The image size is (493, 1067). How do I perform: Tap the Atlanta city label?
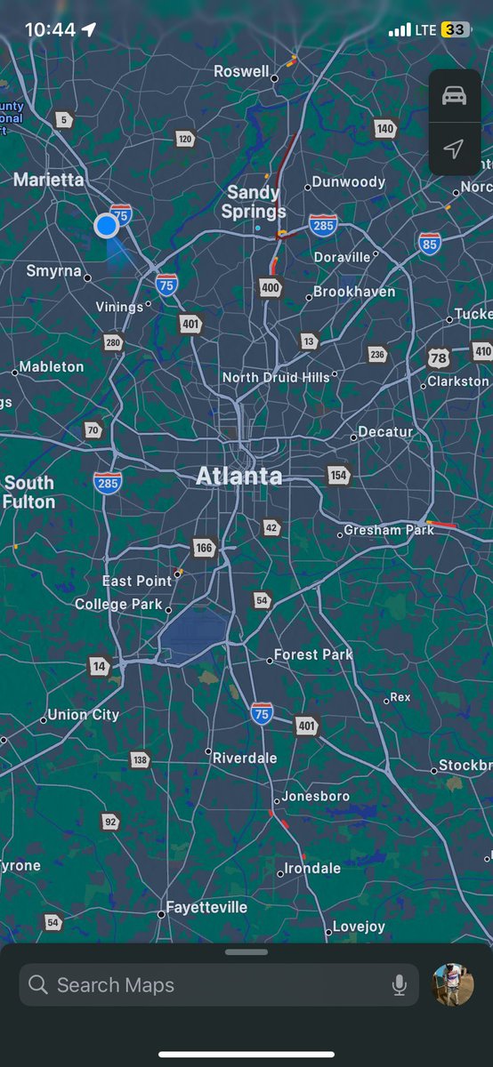(238, 477)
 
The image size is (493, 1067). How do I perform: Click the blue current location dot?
(107, 226)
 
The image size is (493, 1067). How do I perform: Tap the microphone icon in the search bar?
(400, 984)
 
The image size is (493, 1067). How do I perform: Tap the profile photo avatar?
(453, 984)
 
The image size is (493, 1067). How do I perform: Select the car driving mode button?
(454, 97)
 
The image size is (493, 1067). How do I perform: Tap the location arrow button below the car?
(454, 148)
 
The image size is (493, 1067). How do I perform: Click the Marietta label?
(49, 180)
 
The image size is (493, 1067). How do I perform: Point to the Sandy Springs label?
(254, 202)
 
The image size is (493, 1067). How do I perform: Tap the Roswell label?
(241, 71)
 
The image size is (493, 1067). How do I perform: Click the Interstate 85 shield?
(430, 243)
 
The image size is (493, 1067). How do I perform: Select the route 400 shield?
(271, 287)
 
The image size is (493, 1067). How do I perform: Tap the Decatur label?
(385, 432)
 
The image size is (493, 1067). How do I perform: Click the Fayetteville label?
(206, 908)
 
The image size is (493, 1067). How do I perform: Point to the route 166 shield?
(205, 548)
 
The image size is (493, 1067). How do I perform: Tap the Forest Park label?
(313, 654)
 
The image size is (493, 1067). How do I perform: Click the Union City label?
(84, 715)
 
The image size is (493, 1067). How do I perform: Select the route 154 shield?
(338, 475)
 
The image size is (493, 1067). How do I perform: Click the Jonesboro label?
(316, 797)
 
